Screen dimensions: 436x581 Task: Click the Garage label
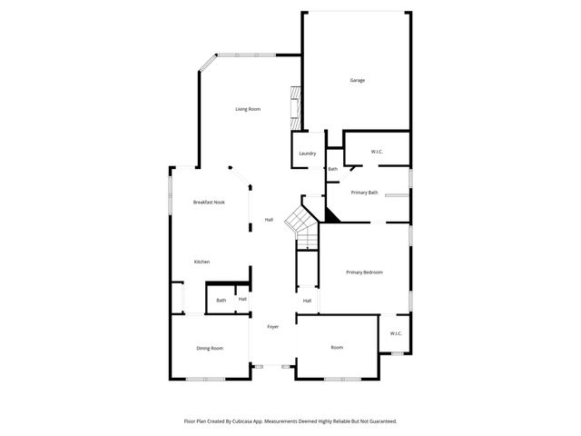coord(358,80)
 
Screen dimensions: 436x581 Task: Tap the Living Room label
coord(248,109)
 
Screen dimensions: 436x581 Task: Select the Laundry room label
coord(308,153)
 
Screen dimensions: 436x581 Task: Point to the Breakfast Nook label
coord(209,202)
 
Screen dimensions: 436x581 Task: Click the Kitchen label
coord(202,262)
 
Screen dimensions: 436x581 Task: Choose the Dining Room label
coord(210,348)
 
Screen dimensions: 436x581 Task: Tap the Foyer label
coord(272,327)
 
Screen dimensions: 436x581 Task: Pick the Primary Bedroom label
coord(364,272)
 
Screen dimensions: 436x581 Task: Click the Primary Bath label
coord(365,193)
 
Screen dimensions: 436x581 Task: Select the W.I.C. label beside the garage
coord(378,151)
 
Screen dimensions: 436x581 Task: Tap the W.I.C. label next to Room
coord(396,333)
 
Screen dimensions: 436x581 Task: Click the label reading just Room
coord(337,347)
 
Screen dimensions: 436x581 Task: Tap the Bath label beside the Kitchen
coord(221,300)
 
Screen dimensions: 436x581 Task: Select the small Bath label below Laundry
coord(333,169)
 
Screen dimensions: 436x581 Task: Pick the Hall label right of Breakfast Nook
coord(269,220)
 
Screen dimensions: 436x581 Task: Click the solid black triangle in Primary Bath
coord(330,214)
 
